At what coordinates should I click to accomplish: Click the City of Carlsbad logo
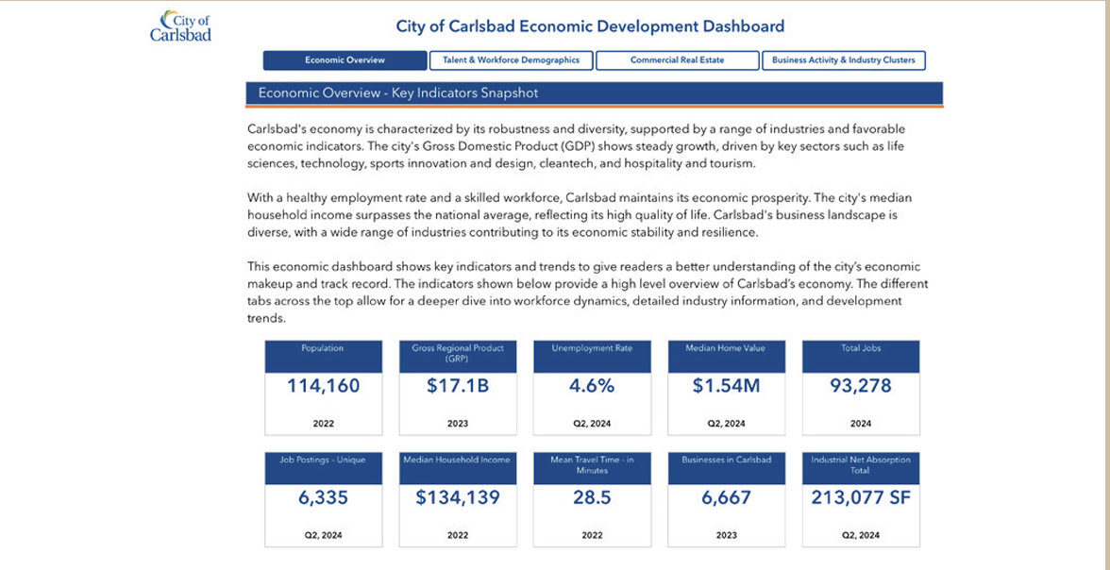(x=180, y=26)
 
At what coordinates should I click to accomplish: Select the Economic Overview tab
(x=345, y=60)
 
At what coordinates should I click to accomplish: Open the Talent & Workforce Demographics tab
(x=512, y=60)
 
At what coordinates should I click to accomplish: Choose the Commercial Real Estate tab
(x=678, y=60)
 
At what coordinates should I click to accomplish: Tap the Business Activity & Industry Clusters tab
(x=844, y=60)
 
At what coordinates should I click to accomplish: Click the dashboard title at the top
(x=590, y=27)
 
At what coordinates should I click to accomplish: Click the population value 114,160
(x=324, y=386)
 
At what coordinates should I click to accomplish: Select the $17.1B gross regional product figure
(x=458, y=386)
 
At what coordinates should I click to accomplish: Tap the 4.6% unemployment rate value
(x=592, y=386)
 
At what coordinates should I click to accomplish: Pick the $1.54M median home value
(x=727, y=386)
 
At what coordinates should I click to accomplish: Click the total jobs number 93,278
(x=861, y=386)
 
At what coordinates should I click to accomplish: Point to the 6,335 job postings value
(x=324, y=497)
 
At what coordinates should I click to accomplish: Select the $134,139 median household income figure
(x=458, y=497)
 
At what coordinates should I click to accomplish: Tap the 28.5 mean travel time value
(x=592, y=497)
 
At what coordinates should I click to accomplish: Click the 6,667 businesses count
(x=727, y=497)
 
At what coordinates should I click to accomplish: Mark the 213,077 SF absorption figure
(x=861, y=497)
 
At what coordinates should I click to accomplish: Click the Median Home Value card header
(x=727, y=357)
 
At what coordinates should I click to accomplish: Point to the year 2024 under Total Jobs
(x=861, y=424)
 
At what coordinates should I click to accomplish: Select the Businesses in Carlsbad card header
(x=727, y=468)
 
